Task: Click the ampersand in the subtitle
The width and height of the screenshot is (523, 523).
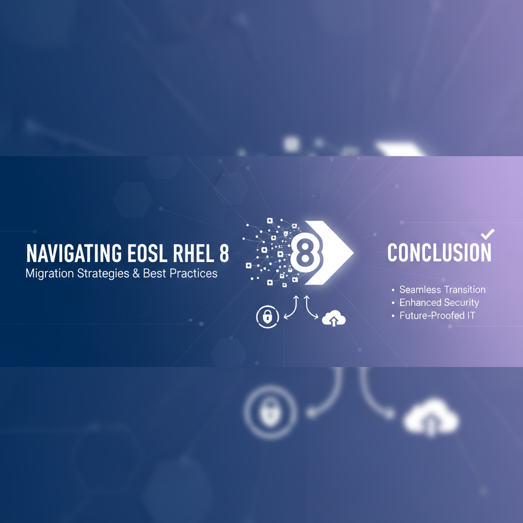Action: (x=135, y=273)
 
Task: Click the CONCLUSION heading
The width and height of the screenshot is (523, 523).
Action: (x=439, y=253)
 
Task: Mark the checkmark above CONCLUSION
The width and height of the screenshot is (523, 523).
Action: (x=488, y=234)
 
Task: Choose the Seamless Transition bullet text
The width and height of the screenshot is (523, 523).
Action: (x=442, y=290)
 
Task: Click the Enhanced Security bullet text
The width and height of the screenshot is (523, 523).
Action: (x=439, y=302)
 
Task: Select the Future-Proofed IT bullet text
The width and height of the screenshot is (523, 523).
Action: (x=437, y=316)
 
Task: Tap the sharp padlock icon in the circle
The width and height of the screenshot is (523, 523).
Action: (x=267, y=317)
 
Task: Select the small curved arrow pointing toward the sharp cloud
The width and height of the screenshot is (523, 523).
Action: (x=312, y=308)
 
